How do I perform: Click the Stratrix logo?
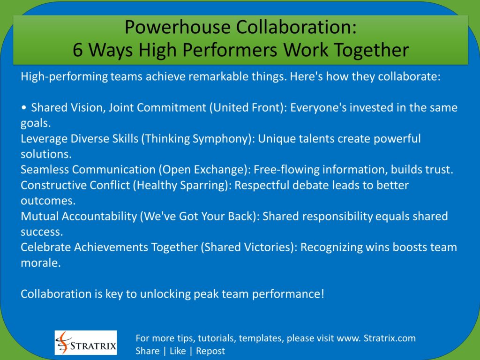pos(86,343)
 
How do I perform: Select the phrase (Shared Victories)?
pos(249,247)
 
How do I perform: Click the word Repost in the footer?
pos(210,351)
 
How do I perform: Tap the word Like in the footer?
pos(178,351)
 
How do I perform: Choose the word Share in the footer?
pos(147,351)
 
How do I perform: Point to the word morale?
pos(40,262)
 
